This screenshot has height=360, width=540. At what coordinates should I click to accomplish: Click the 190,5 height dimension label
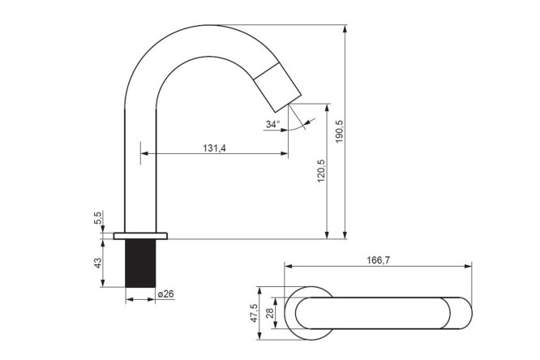[339, 131]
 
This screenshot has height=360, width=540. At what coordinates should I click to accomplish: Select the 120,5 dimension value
[321, 170]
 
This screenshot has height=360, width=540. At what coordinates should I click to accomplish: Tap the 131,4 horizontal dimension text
[214, 148]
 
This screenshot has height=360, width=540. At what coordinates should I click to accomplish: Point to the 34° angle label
[272, 124]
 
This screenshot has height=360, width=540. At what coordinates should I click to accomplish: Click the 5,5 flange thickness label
[98, 218]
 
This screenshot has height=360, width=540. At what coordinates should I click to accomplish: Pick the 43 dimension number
[98, 263]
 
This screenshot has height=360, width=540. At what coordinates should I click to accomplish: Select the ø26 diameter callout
[165, 294]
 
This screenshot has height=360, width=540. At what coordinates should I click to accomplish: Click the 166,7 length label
[378, 260]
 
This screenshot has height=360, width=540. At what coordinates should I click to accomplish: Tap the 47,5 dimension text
[254, 313]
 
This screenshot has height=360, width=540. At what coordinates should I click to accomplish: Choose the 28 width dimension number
[270, 313]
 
